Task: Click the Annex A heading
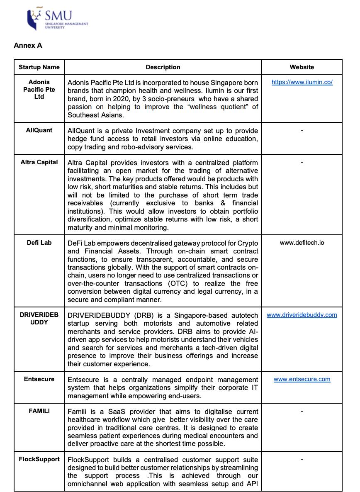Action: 28,45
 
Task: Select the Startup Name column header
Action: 39,67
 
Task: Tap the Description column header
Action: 163,67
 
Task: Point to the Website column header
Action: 302,67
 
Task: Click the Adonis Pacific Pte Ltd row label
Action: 39,89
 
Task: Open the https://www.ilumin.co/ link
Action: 302,82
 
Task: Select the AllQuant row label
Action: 39,130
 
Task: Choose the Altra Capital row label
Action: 39,162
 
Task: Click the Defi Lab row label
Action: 39,242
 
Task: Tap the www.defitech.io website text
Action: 302,242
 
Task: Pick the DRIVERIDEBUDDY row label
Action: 39,318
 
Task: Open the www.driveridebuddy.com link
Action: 302,315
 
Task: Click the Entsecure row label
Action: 39,379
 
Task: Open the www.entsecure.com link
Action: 302,379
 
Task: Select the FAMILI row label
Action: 39,411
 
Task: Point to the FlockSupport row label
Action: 39,459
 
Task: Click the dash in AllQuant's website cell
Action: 302,130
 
